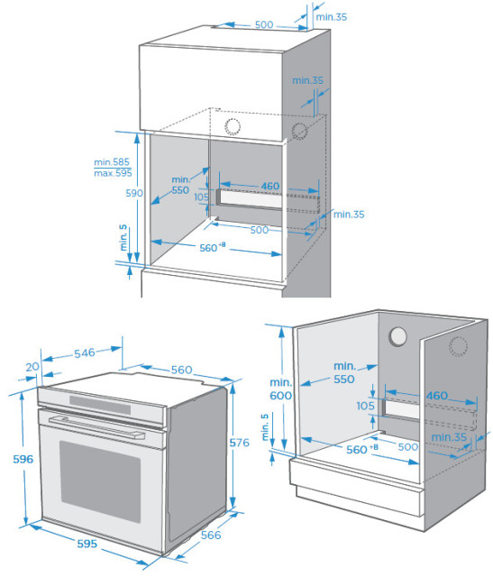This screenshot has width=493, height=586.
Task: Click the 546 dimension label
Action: [x=85, y=353]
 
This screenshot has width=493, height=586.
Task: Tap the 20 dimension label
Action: [x=32, y=367]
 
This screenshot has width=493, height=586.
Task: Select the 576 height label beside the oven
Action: [x=239, y=443]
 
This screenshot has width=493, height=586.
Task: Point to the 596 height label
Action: [x=23, y=459]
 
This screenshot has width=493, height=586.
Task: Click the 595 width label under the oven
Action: [x=87, y=544]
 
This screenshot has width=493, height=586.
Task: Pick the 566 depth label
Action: [x=211, y=536]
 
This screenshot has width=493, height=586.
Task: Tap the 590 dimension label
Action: [x=134, y=193]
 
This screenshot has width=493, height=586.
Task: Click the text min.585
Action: [x=112, y=161]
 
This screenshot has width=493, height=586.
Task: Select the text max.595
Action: [x=113, y=173]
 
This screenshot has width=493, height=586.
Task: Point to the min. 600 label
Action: [x=281, y=389]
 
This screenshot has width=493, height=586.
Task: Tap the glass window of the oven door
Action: [x=100, y=481]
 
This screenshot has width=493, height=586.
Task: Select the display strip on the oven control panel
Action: [x=100, y=405]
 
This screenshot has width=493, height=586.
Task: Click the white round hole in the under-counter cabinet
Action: [x=397, y=336]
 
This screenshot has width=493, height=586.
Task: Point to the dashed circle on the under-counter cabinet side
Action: [x=458, y=346]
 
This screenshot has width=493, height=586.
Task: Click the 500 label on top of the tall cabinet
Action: [x=264, y=24]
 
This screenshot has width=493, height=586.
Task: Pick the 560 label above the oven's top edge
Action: [x=181, y=370]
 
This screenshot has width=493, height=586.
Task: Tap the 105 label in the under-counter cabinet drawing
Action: [x=365, y=406]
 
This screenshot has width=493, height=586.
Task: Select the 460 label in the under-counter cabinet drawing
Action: [x=437, y=396]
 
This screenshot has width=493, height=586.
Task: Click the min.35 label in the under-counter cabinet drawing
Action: [x=449, y=437]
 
